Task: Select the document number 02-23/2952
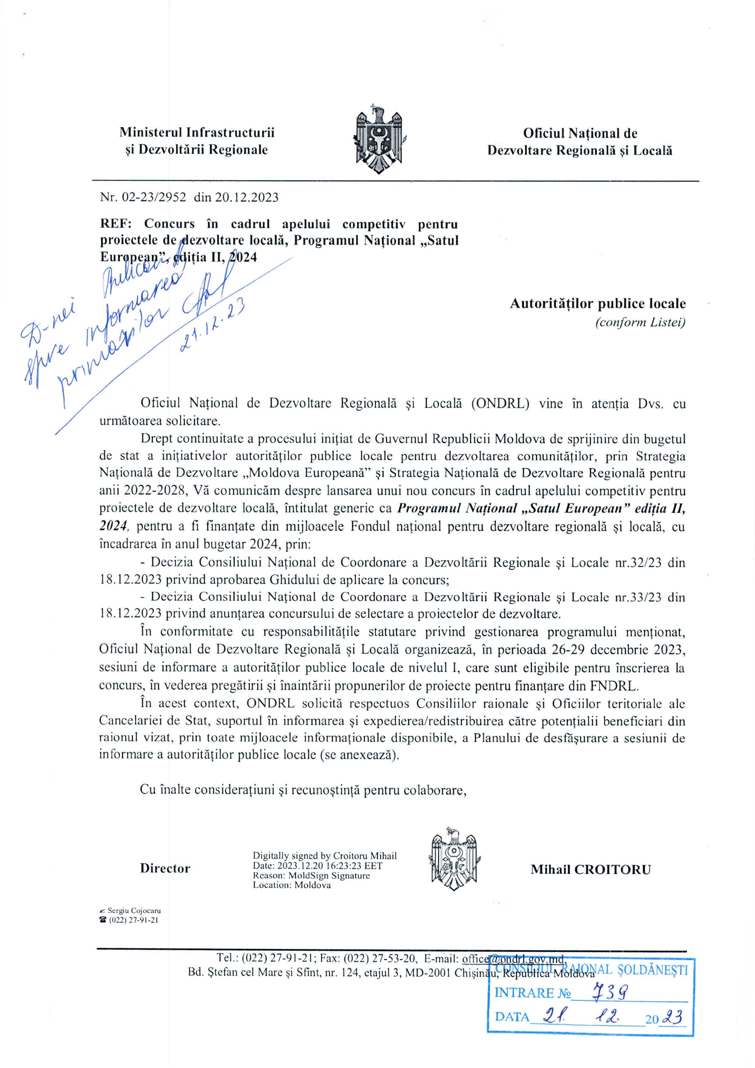pyautogui.click(x=153, y=197)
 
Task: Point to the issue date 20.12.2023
pyautogui.click(x=247, y=197)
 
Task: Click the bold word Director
pyautogui.click(x=165, y=869)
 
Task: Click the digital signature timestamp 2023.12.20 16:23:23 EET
pyautogui.click(x=329, y=866)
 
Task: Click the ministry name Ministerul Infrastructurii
pyautogui.click(x=197, y=132)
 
